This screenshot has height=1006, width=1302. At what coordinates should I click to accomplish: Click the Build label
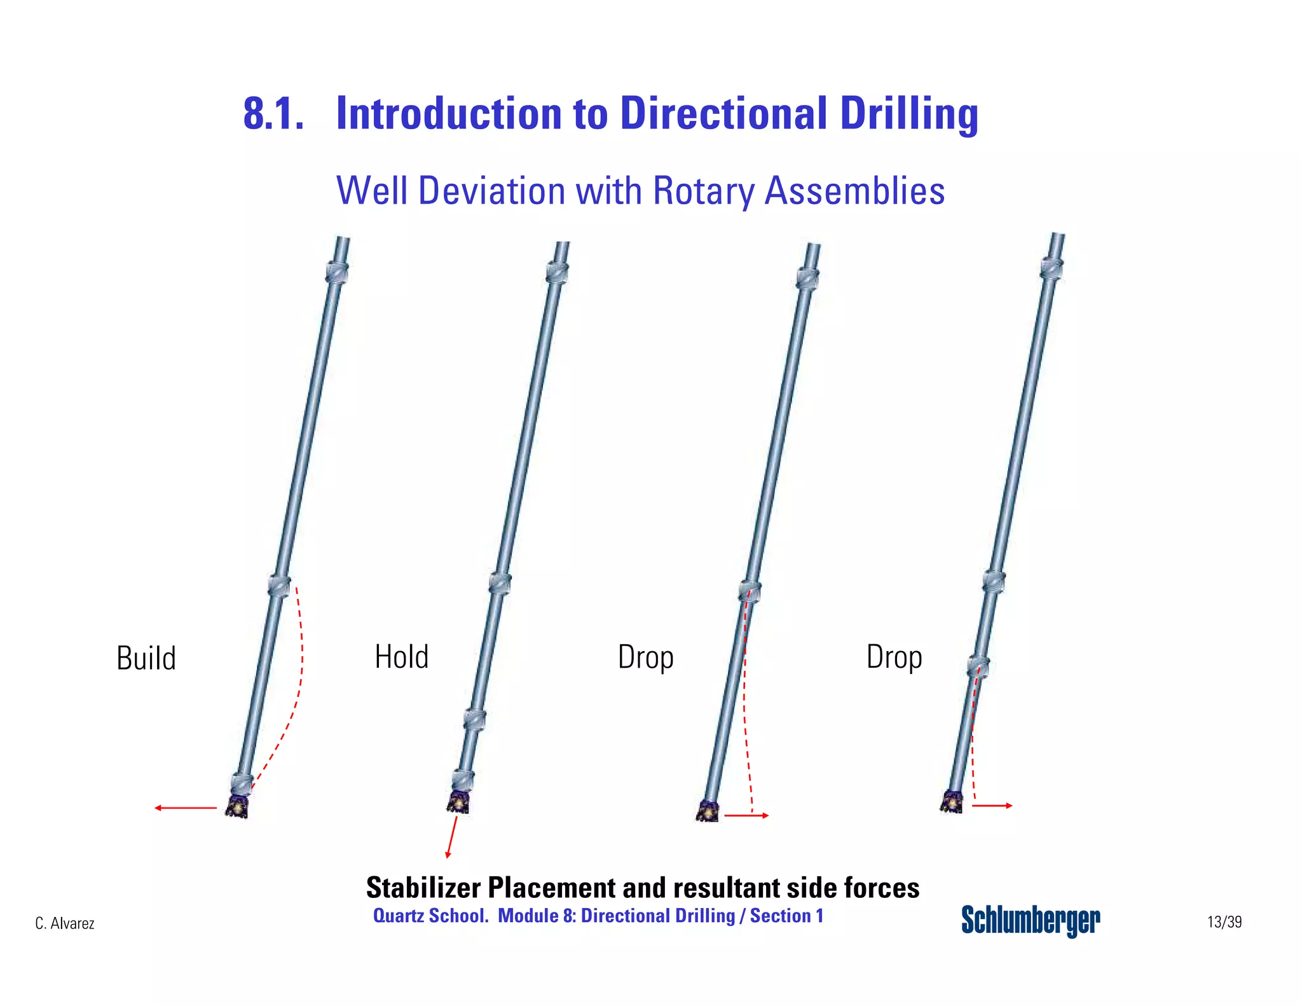(x=146, y=658)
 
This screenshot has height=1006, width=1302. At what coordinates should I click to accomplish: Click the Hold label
(x=402, y=657)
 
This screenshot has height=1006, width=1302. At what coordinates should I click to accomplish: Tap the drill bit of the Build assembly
(x=238, y=806)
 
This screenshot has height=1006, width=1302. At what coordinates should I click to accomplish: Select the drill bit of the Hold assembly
(x=458, y=802)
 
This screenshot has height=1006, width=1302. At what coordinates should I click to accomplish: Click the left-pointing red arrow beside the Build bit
(x=186, y=808)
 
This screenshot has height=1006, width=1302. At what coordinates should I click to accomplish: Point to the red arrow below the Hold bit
(x=452, y=837)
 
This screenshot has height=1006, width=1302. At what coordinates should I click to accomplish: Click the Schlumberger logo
(x=1031, y=920)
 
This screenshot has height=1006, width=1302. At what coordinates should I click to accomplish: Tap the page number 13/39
(x=1224, y=921)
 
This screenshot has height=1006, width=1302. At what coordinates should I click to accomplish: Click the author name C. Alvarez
(x=65, y=923)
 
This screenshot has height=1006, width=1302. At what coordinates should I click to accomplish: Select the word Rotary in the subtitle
(x=704, y=191)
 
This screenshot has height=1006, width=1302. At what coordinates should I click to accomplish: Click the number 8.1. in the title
(x=273, y=114)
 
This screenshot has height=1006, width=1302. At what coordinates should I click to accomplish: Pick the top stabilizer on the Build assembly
(x=337, y=272)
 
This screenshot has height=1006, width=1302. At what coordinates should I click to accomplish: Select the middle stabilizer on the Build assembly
(x=279, y=585)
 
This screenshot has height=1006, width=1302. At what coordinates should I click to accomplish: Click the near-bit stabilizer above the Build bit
(x=242, y=783)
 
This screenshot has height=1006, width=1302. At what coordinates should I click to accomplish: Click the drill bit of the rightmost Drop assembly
(x=952, y=802)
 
